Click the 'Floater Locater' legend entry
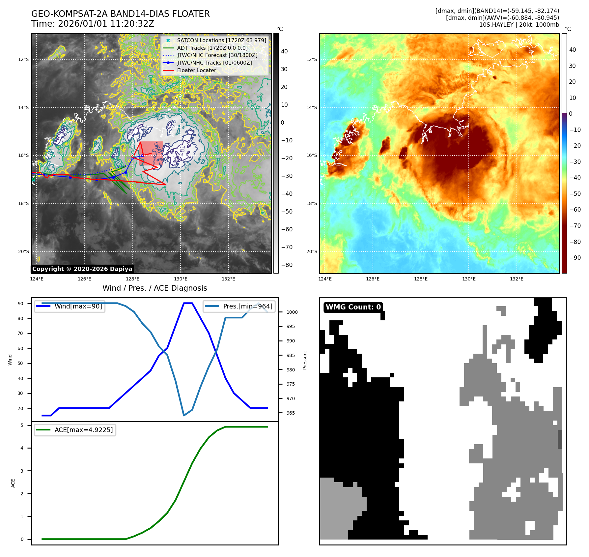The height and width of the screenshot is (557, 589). click(196, 70)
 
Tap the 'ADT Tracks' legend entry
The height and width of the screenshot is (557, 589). click(212, 48)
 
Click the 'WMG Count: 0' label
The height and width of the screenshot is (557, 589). click(353, 307)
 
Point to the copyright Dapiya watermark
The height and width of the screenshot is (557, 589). click(82, 269)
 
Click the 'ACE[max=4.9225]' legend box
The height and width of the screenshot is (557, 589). click(75, 430)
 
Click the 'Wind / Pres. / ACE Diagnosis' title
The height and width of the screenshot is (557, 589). click(154, 288)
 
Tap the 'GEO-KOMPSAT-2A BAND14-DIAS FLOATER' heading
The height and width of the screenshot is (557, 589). click(120, 14)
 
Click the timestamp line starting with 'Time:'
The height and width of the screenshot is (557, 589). click(93, 24)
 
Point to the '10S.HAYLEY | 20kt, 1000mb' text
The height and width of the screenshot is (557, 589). click(519, 25)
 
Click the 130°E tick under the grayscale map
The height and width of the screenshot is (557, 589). click(181, 279)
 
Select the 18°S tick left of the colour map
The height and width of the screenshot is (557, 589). click(312, 203)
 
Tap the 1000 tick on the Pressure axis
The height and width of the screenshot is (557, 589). click(292, 312)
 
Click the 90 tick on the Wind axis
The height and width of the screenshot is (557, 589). click(20, 304)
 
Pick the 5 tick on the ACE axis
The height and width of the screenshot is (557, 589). click(22, 425)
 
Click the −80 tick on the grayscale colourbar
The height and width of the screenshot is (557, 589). click(287, 265)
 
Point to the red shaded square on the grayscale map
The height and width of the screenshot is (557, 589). click(151, 153)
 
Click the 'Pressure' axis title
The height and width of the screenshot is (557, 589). click(305, 360)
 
